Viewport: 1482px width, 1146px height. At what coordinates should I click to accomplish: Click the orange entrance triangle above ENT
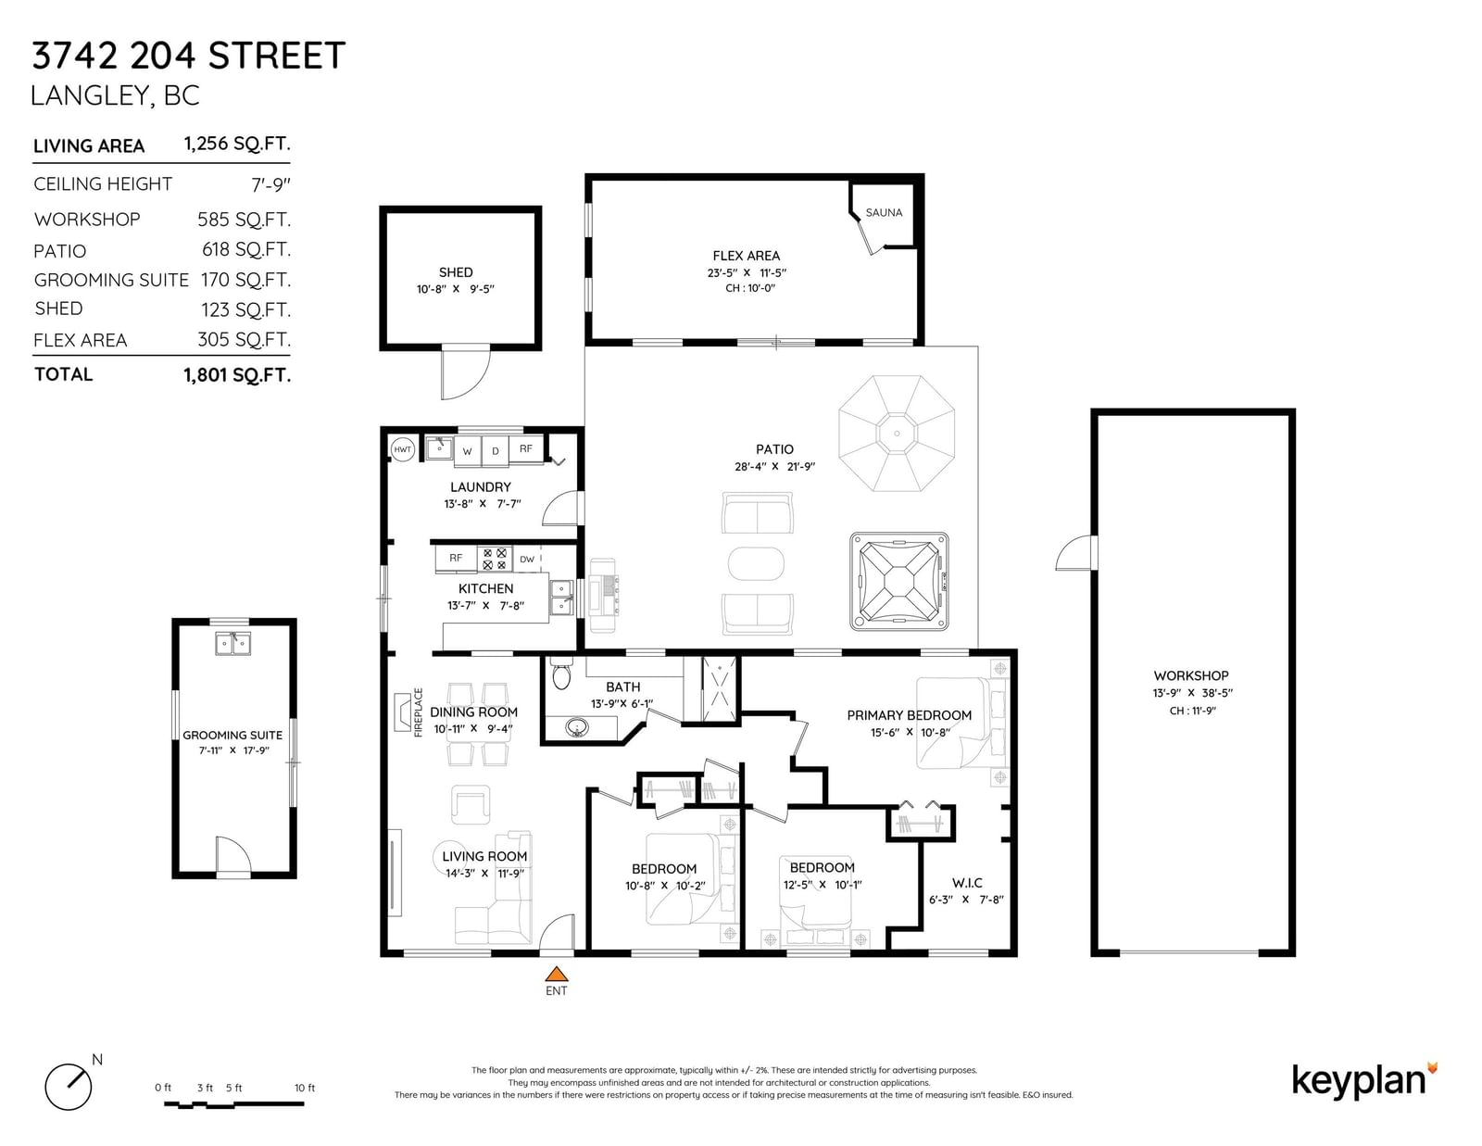tap(557, 974)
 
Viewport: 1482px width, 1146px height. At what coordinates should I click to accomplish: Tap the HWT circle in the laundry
tap(402, 449)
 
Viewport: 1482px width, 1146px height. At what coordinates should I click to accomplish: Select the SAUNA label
tap(884, 213)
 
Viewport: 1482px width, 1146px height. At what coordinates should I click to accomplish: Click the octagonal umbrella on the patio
tap(897, 434)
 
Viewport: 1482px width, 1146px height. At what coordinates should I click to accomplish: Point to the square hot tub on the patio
tap(898, 581)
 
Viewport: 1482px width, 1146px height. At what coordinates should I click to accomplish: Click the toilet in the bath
tap(561, 674)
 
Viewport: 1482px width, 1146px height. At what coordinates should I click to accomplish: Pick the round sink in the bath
tap(577, 728)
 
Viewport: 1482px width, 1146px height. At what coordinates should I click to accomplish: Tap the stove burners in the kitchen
tap(495, 559)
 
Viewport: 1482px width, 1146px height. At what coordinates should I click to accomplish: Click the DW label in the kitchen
tap(527, 560)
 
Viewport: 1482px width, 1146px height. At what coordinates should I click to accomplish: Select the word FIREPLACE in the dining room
tap(419, 712)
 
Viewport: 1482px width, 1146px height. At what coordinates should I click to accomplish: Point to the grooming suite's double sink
tap(233, 643)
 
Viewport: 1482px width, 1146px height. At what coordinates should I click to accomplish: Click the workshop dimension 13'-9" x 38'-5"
tap(1192, 693)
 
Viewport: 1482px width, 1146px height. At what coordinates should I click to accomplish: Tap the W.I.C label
tap(967, 883)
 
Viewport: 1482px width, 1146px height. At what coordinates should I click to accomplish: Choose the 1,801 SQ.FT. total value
tap(237, 375)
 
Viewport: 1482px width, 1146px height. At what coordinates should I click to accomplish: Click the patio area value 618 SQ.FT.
tap(246, 250)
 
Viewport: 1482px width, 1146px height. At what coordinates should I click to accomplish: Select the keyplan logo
tap(1364, 1080)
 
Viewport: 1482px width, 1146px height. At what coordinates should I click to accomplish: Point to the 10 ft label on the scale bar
tap(305, 1088)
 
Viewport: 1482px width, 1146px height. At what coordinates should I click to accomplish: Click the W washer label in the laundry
tap(467, 451)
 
